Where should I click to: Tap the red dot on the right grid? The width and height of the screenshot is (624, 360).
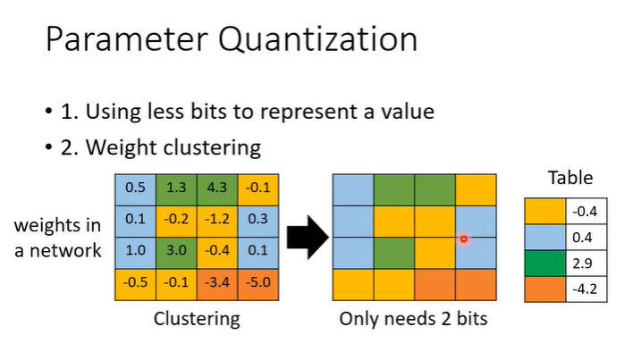click(463, 239)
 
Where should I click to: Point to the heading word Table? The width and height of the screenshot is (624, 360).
click(569, 178)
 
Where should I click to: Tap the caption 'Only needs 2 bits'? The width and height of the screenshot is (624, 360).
click(414, 318)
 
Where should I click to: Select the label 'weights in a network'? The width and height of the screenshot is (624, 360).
click(58, 237)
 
